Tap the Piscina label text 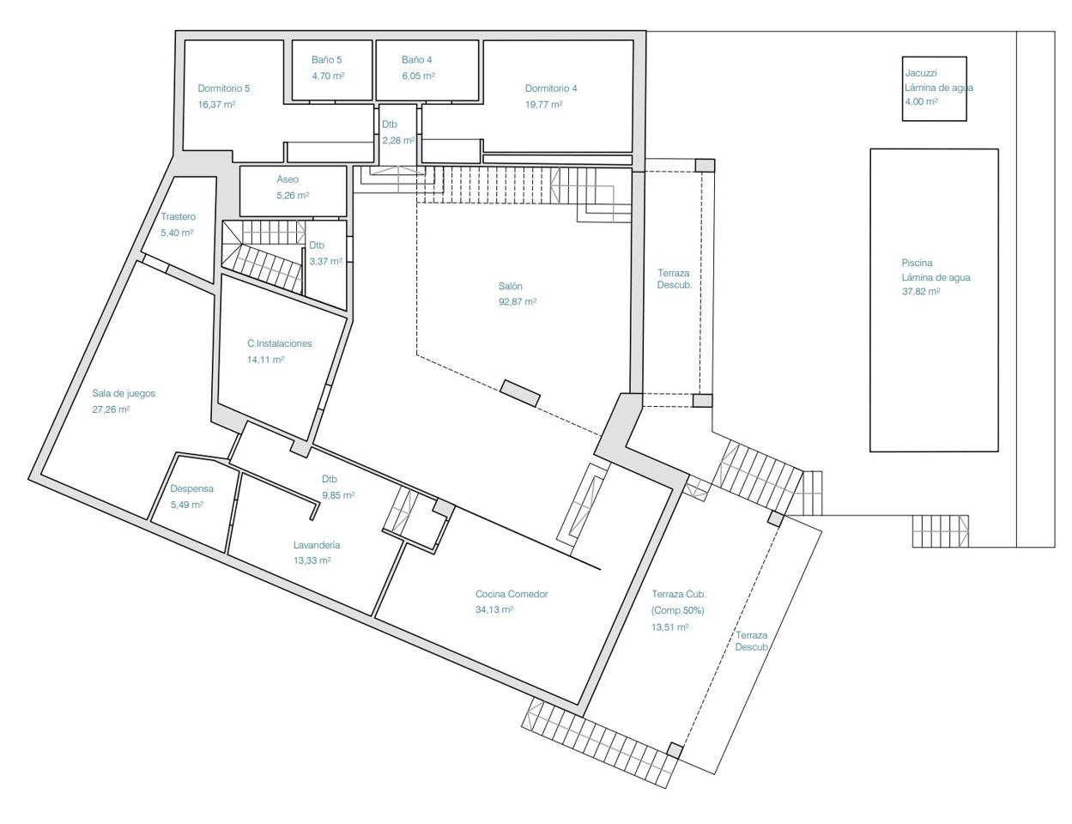[917, 263]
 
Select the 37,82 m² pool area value [921, 292]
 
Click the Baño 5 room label [327, 60]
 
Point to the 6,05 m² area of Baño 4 [418, 76]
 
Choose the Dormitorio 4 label [550, 88]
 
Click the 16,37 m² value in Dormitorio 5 [216, 105]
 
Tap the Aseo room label [288, 179]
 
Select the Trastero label [178, 216]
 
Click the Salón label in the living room [510, 286]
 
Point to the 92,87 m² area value [517, 302]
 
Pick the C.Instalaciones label [280, 343]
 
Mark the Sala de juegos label [124, 393]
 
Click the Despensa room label [192, 488]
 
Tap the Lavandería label [317, 545]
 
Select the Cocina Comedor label [512, 594]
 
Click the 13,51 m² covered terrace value [670, 627]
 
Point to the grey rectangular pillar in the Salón [519, 393]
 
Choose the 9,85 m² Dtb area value [338, 495]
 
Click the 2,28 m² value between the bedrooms [398, 141]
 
